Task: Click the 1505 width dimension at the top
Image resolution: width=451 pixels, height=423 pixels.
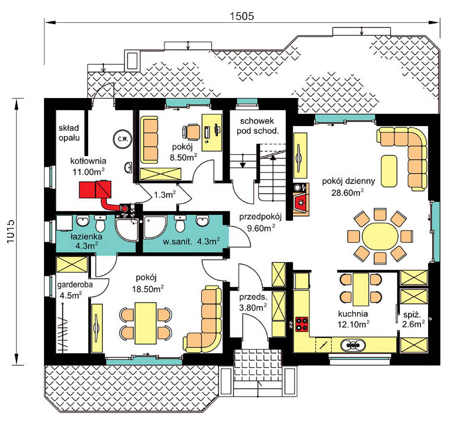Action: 241,16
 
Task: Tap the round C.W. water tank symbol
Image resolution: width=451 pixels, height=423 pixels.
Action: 123,139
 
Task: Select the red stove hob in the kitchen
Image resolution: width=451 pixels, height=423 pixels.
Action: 302,324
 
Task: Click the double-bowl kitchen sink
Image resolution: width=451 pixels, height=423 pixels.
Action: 353,344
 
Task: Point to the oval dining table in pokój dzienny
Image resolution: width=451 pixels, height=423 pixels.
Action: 380,236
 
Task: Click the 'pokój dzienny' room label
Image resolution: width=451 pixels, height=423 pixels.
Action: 348,181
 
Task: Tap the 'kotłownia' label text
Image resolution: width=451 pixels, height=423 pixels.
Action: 88,161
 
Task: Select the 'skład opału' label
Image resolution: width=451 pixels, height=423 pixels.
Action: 69,133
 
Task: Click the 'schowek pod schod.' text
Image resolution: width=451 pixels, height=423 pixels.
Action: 257,126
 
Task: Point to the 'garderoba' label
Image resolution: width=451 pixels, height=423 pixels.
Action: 75,285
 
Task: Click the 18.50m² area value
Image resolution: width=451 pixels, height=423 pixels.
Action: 148,289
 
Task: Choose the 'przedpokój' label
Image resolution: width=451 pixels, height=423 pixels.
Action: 260,216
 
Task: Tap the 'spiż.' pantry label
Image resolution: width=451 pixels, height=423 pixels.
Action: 412,314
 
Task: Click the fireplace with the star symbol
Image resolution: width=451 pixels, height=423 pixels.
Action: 301,202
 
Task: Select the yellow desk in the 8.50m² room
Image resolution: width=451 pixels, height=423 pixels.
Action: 212,133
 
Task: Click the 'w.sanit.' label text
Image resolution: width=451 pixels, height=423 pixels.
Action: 177,241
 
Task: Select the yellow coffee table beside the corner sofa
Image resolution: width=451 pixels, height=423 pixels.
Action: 389,171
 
